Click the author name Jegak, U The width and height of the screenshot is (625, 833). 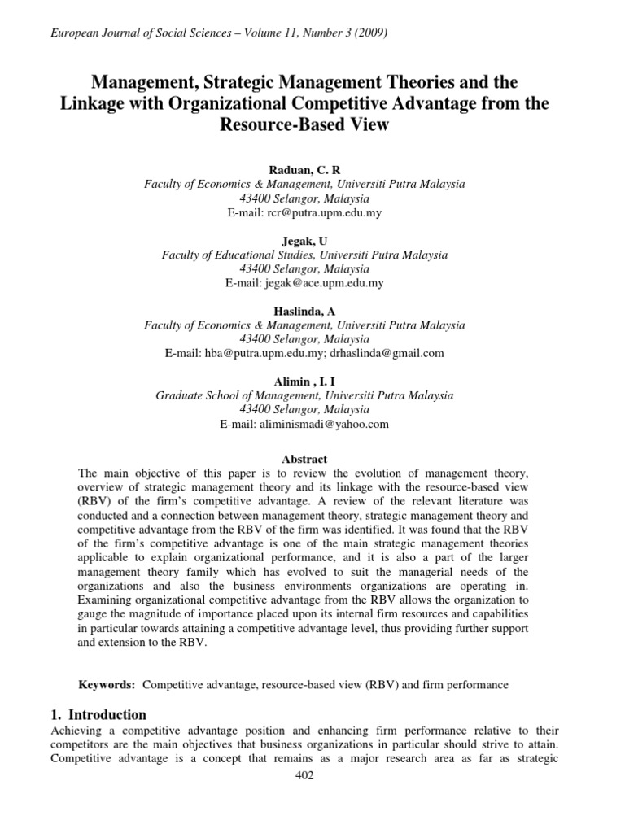(x=304, y=241)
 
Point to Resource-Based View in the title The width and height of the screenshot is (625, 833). (x=304, y=124)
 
